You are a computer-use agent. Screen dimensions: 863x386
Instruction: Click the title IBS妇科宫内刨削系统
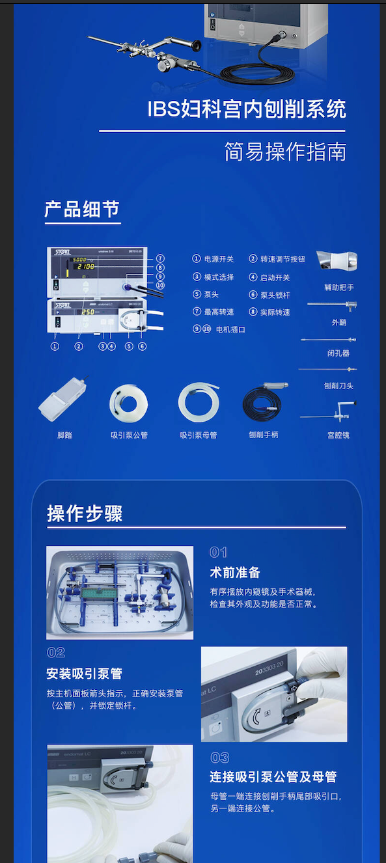[x=247, y=109]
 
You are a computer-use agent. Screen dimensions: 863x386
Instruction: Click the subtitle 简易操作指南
[x=285, y=152]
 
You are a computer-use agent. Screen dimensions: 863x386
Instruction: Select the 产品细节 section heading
[x=82, y=210]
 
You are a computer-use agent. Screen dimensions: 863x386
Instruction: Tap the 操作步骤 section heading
[x=85, y=514]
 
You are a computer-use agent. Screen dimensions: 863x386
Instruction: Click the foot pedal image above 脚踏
[x=62, y=400]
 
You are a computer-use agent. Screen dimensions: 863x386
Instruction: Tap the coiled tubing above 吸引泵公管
[x=128, y=404]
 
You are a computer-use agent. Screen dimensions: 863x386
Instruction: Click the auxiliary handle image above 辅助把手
[x=337, y=262]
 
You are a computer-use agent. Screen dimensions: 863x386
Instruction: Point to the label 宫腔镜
[x=338, y=435]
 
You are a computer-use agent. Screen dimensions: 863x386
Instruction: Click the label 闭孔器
[x=338, y=353]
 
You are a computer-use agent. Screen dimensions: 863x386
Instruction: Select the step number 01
[x=218, y=553]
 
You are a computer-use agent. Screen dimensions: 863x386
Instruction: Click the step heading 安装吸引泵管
[x=85, y=674]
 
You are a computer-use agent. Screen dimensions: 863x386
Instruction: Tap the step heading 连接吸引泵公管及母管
[x=273, y=777]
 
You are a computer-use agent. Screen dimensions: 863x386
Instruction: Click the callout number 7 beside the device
[x=160, y=258]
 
